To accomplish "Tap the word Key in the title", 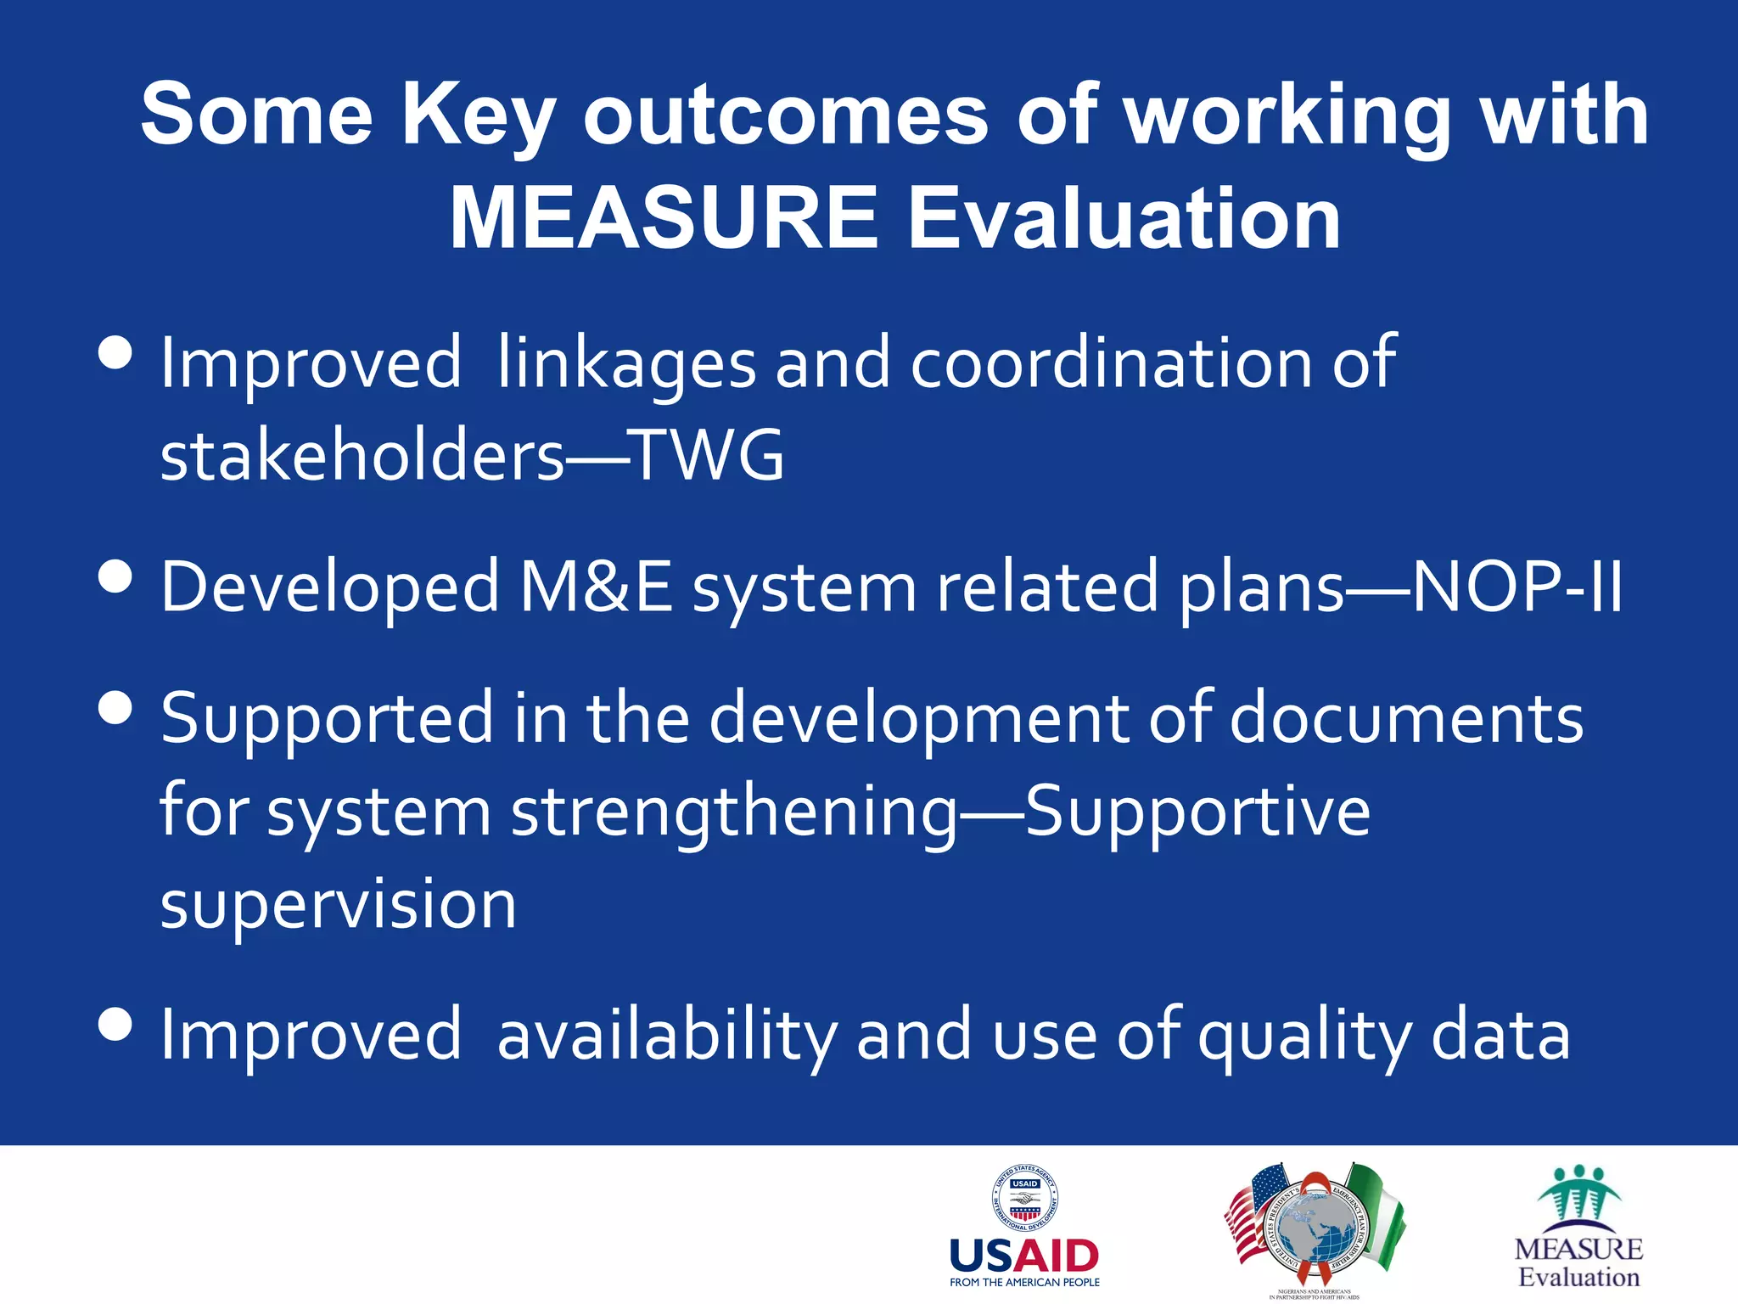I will click(478, 115).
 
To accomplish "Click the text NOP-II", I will click(1517, 587).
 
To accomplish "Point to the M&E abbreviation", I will click(597, 587).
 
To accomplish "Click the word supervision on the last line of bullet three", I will click(338, 903).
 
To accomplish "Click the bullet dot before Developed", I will click(115, 576).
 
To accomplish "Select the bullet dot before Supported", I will click(115, 707).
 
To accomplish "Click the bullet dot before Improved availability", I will click(115, 1024).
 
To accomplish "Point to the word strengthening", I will click(734, 812).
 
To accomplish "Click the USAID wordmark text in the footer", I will click(1024, 1256).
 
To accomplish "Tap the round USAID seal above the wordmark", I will click(1025, 1198).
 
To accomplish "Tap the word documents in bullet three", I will click(1406, 718).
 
